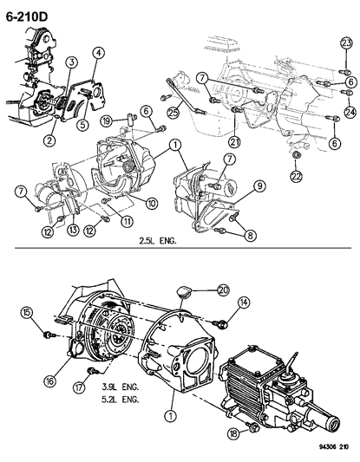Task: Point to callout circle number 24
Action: click(x=350, y=111)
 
